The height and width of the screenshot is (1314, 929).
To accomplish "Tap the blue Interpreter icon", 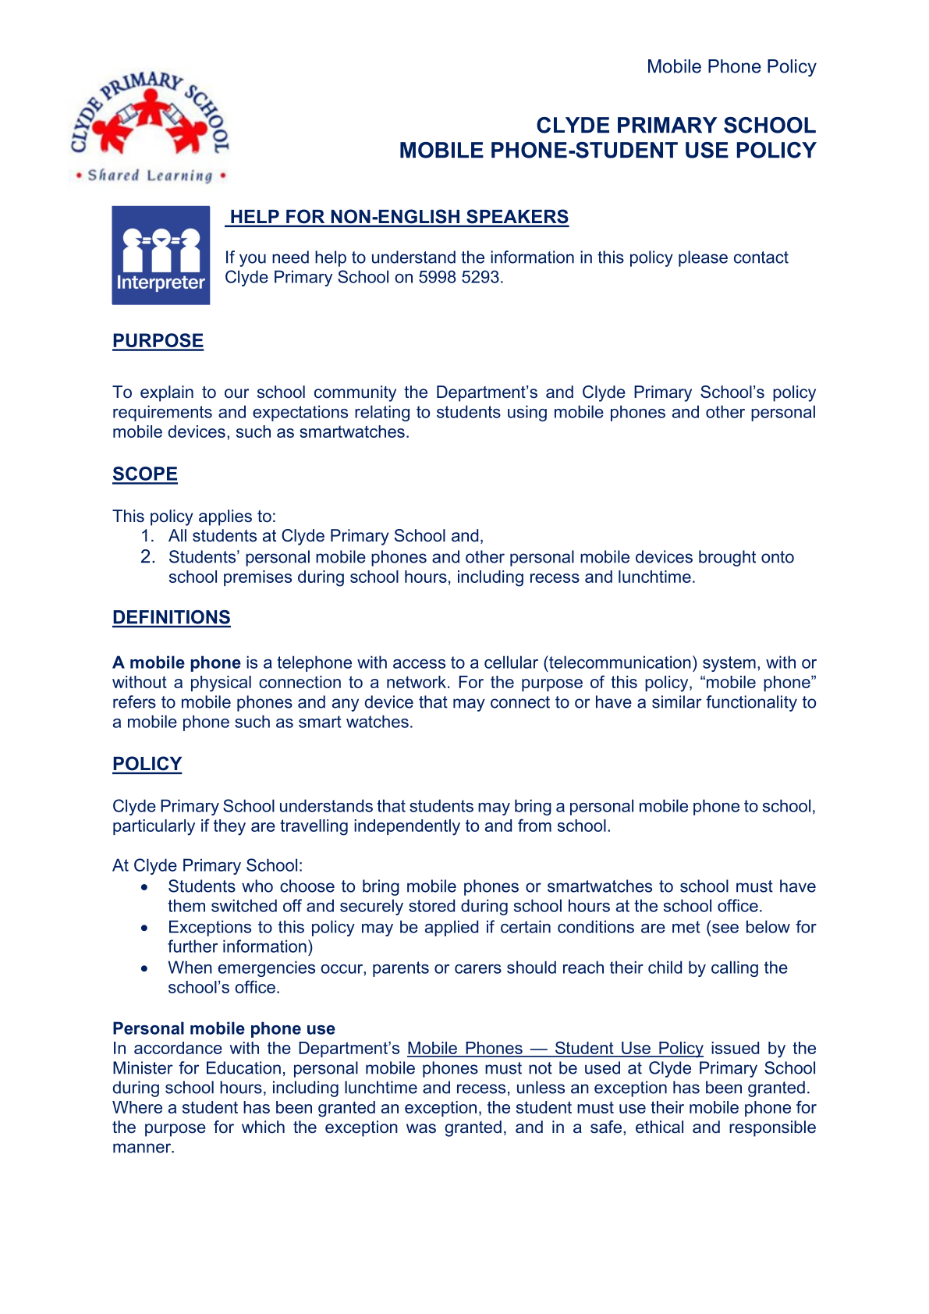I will coord(161,255).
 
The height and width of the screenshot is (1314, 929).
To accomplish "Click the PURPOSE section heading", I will coord(158,341).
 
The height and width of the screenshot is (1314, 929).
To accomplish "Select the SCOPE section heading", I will coord(145,474).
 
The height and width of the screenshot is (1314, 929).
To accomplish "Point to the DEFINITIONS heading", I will coord(172,617).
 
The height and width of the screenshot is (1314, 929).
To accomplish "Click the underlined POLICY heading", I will coord(147,764).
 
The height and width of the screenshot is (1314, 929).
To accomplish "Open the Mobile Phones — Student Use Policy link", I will coord(555,1049).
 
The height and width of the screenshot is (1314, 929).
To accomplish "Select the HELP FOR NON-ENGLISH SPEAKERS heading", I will coord(399,217).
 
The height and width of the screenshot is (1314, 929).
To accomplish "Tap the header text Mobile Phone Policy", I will coord(731,67).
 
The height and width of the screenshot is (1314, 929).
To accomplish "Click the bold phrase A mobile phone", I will coord(176,662).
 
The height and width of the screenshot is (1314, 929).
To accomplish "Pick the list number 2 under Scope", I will coord(148,557).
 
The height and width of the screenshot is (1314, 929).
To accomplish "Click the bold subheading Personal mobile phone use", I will coord(224,1028).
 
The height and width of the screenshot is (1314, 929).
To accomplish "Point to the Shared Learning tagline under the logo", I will coord(150,176).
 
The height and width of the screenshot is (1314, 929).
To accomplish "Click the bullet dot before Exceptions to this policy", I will coord(144,929).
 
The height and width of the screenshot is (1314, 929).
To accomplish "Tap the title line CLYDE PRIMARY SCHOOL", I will coord(675,126).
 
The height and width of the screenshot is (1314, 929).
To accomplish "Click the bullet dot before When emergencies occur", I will coord(144,969).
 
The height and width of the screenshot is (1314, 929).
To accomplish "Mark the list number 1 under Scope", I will coord(147,536).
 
